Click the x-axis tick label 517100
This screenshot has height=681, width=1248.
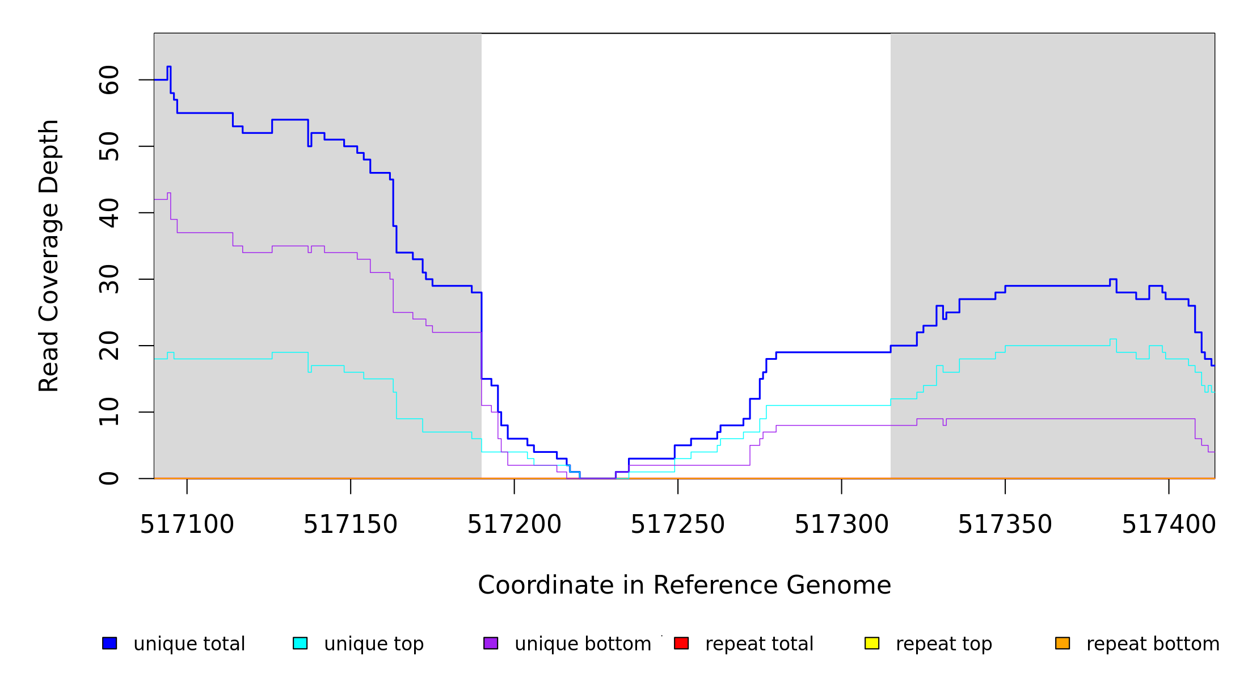coord(187,525)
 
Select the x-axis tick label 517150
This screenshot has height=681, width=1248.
coord(350,525)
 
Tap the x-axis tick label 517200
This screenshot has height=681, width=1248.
coord(514,525)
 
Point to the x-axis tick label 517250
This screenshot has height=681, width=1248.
coord(677,525)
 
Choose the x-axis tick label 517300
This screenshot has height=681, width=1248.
coord(841,525)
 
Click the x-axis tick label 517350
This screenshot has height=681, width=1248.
coord(1005,525)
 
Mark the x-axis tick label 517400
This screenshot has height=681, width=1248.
coord(1169,525)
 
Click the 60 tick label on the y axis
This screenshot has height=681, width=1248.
coord(109,80)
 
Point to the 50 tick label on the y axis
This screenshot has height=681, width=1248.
coord(109,146)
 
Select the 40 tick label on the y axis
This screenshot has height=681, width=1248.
coord(109,213)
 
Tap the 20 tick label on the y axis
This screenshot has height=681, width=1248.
coord(109,346)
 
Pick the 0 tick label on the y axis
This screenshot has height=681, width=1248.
coord(109,478)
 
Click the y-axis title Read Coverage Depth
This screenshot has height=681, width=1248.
coord(49,255)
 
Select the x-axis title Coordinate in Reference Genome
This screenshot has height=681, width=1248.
coord(684,586)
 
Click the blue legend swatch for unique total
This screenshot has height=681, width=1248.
coord(109,643)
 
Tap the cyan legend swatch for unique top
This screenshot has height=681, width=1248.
coord(300,643)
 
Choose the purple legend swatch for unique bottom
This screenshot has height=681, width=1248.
coord(491,643)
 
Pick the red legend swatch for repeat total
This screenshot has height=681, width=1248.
coord(681,643)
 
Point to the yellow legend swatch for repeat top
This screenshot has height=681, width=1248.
coord(872,643)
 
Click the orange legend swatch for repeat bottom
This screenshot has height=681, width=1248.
coord(1063,643)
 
